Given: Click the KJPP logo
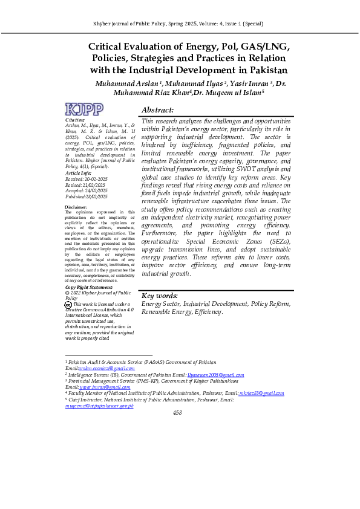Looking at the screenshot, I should pos(83,109).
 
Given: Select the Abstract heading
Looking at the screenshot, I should pos(157,110).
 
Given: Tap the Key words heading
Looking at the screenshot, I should pos(160,296).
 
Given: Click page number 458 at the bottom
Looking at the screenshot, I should pos(177,413).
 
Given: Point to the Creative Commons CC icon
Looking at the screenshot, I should pos(68,305).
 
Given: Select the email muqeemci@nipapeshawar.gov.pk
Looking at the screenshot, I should pos(99,406).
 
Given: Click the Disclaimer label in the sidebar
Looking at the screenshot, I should pos(76,207).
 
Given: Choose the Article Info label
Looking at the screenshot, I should pos(79,173).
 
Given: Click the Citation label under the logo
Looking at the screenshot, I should pos(74,120).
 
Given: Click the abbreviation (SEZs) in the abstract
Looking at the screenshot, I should pos(280,241).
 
